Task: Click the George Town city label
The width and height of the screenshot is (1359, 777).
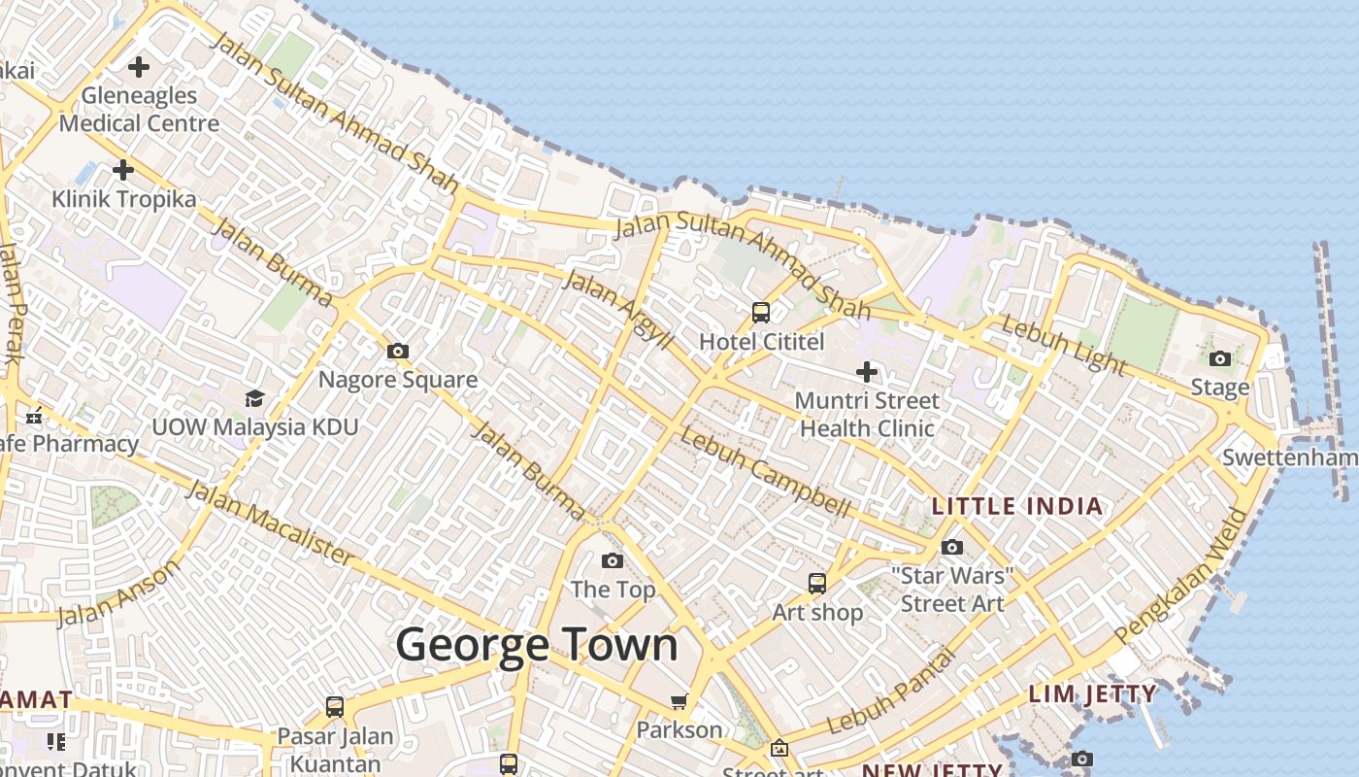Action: point(536,645)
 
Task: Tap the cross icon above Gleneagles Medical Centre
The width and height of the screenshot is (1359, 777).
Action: point(139,67)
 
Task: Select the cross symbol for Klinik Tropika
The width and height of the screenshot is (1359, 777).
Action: point(123,170)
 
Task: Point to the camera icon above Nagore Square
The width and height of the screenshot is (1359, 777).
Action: point(397,352)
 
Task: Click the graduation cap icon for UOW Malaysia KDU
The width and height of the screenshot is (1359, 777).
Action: point(254,398)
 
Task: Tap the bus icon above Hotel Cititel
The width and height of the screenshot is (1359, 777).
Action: point(761,313)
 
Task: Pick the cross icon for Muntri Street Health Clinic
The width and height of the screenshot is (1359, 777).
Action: point(866,371)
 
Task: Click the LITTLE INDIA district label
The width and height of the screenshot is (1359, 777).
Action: point(1017,506)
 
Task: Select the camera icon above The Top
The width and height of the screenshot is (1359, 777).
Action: point(612,560)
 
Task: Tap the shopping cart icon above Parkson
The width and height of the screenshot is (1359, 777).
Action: point(679,701)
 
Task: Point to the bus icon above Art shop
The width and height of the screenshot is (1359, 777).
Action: point(817,583)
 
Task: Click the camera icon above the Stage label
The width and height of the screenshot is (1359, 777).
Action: point(1221,359)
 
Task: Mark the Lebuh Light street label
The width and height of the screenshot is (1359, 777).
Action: point(1064,345)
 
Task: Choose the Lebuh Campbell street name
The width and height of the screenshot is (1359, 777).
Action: point(764,471)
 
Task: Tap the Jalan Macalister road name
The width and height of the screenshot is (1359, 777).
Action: point(271,522)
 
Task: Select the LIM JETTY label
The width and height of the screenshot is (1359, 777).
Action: point(1092,694)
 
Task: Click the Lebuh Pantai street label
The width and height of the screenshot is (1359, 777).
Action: point(892,692)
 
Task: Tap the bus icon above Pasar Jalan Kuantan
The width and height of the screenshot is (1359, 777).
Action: point(335,707)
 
